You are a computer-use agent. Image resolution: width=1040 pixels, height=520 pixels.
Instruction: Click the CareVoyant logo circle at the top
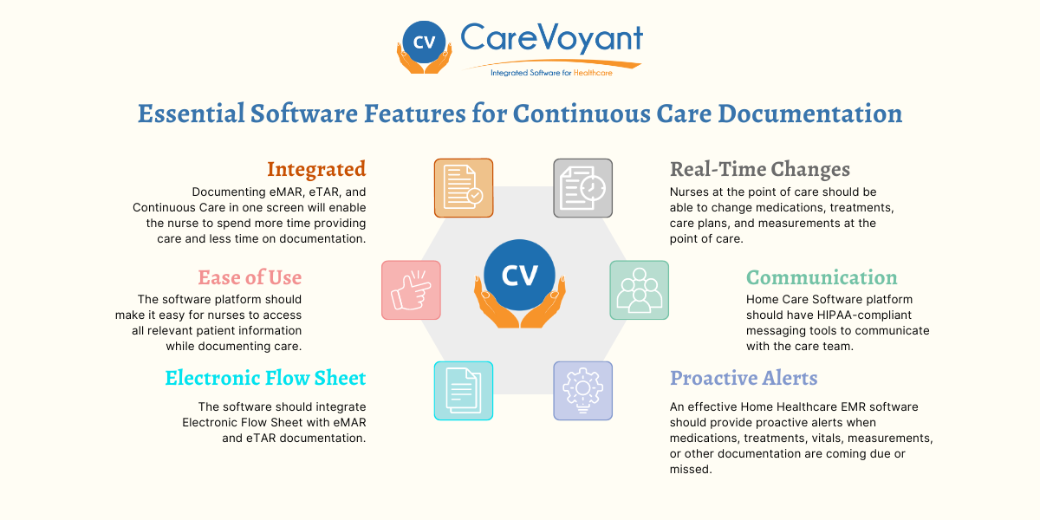tap(424, 42)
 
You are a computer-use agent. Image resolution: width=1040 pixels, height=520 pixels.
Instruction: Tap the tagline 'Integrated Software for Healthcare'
tap(551, 73)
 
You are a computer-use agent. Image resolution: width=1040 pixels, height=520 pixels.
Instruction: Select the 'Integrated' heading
tap(316, 169)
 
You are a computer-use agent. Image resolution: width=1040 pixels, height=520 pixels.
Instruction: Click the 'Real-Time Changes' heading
tap(760, 169)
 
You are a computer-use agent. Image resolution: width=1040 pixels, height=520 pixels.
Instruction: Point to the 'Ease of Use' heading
tap(250, 278)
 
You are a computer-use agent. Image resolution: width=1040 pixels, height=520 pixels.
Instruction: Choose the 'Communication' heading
tap(822, 278)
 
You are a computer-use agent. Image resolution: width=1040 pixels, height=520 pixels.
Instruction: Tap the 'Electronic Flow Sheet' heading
tap(265, 378)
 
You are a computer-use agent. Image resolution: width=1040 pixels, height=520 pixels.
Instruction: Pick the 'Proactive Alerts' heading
tap(744, 378)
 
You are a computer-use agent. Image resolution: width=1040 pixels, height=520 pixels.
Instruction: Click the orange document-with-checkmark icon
tap(464, 187)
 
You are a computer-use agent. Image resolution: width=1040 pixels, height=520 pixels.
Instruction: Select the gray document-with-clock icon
tap(582, 187)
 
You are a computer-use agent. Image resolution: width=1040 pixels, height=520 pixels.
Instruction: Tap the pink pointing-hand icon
tap(411, 289)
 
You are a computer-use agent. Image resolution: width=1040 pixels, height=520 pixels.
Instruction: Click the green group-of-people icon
tap(639, 289)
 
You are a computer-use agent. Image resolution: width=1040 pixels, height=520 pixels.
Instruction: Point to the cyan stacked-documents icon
tap(464, 391)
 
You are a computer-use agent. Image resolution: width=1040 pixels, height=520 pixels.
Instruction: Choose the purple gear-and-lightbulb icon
tap(582, 391)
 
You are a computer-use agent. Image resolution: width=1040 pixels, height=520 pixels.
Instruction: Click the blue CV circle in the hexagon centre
tap(520, 276)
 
